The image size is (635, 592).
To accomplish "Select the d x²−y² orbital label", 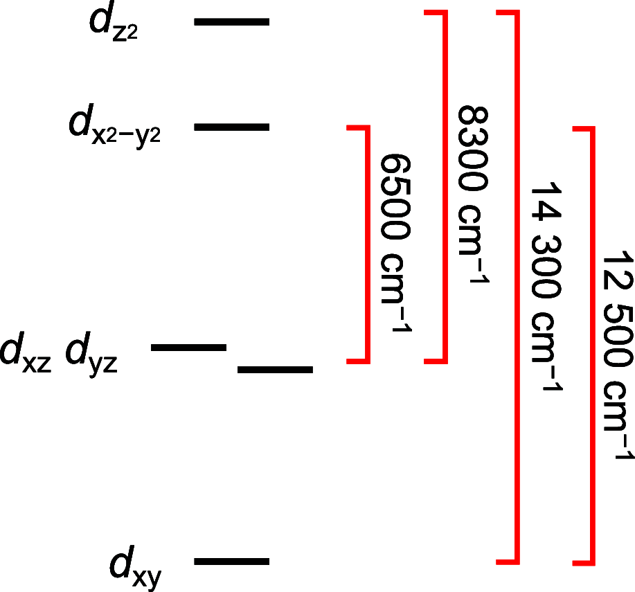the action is (x=115, y=129).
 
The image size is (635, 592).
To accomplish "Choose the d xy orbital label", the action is (x=136, y=568).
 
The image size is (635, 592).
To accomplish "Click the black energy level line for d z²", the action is (x=231, y=22).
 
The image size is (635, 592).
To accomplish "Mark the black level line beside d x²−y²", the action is (x=231, y=127).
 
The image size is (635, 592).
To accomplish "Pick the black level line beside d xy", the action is (x=231, y=561).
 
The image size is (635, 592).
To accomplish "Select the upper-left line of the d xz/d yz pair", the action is (x=188, y=346).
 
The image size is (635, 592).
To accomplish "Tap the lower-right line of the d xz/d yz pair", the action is (x=275, y=370).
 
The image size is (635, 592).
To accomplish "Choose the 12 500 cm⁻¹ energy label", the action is (x=616, y=353).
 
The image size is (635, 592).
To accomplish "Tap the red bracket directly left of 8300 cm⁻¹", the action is (x=445, y=187).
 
